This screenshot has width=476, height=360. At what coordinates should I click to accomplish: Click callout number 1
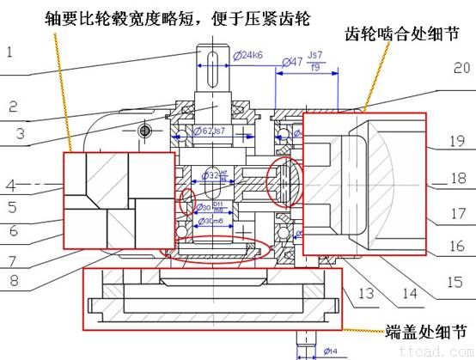coord(9,52)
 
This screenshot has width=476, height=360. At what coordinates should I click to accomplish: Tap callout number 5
coord(13,207)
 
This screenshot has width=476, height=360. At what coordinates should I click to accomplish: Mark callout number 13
coord(365,294)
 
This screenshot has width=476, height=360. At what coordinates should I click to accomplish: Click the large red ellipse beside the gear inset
coord(288,181)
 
